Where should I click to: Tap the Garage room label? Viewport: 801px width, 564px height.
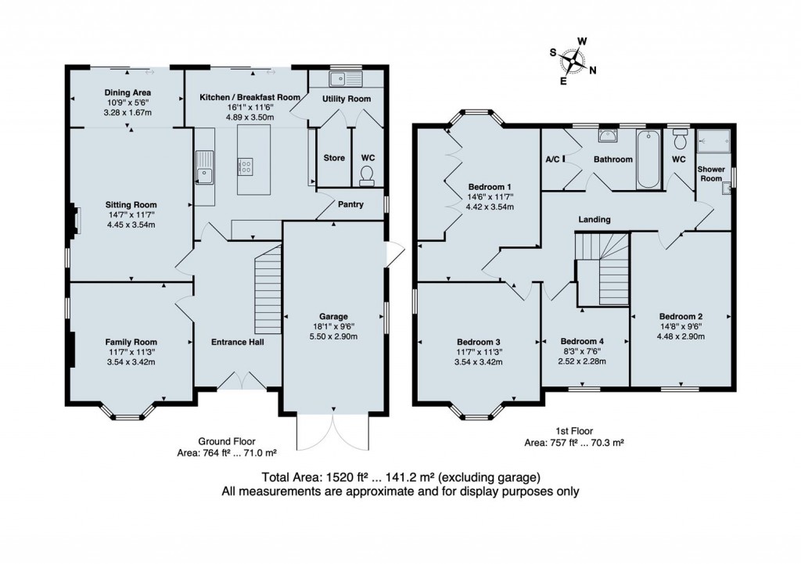coord(333,316)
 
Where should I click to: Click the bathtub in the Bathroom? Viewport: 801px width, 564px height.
coord(648,160)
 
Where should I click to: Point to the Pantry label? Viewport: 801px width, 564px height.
coord(350,204)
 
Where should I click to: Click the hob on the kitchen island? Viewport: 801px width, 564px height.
coord(246,166)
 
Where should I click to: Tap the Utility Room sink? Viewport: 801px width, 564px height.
coord(344,78)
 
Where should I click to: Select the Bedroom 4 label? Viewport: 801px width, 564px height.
coord(582,341)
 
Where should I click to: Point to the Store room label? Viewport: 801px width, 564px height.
coord(334,158)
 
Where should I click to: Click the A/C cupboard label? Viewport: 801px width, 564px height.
coord(551,159)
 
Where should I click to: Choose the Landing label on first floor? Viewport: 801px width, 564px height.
coord(594,220)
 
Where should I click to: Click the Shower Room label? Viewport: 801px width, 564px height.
coord(710,173)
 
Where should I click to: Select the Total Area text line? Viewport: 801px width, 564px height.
coord(400,478)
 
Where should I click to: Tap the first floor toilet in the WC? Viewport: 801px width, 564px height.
coord(679,140)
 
